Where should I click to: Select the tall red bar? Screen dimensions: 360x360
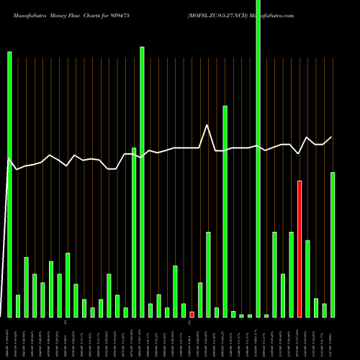(300, 248)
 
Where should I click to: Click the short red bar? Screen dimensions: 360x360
(192, 314)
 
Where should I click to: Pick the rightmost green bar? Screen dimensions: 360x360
(333, 245)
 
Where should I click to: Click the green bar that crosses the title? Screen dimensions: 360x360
(258, 158)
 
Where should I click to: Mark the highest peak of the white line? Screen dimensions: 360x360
(208, 125)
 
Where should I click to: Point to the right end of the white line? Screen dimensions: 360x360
(332, 137)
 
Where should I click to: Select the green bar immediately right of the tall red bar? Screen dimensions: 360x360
(308, 278)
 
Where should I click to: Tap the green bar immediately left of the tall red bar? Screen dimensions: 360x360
(292, 274)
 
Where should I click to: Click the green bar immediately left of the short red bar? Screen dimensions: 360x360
(184, 310)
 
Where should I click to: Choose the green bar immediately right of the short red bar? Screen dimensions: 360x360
(200, 300)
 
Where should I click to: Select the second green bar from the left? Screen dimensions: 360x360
(18, 306)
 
